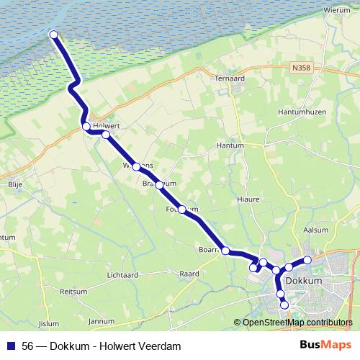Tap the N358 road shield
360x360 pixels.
(x=302, y=67)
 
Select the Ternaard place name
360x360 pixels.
(x=230, y=78)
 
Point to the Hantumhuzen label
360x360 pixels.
(x=302, y=112)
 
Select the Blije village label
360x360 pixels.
(x=15, y=184)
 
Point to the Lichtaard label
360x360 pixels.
(x=122, y=275)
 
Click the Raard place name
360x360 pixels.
(x=189, y=274)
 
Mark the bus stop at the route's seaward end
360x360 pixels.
(x=53, y=34)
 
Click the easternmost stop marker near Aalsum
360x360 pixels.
(x=307, y=259)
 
